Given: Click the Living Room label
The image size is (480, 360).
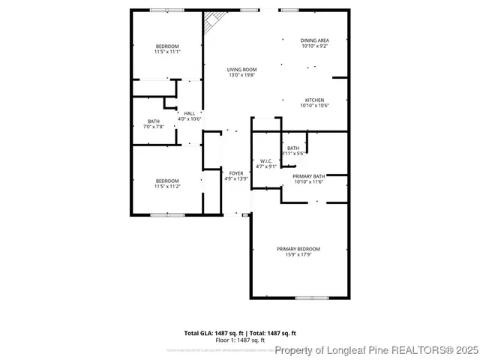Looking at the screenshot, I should click(242, 70).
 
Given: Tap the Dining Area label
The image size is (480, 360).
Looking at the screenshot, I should click(314, 40).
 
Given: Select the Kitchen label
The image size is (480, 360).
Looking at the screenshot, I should click(314, 100).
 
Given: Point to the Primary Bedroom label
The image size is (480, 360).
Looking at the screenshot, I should click(298, 248).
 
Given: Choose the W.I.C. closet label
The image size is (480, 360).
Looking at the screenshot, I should click(266, 161).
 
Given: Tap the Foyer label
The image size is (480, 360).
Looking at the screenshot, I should click(236, 173).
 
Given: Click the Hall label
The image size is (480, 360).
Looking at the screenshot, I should click(190, 113).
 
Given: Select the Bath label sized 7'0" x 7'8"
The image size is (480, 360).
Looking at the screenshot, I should click(153, 121).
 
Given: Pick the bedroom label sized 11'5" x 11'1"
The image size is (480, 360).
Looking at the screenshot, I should click(167, 46).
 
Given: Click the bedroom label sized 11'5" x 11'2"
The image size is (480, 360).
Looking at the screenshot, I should click(167, 180).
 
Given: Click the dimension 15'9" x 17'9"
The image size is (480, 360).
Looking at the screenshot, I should click(298, 255).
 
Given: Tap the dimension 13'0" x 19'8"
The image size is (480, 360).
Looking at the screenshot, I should click(242, 75).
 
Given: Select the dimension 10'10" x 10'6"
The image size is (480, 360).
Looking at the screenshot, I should click(314, 106).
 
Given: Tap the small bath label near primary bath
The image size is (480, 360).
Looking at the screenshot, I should click(292, 148).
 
